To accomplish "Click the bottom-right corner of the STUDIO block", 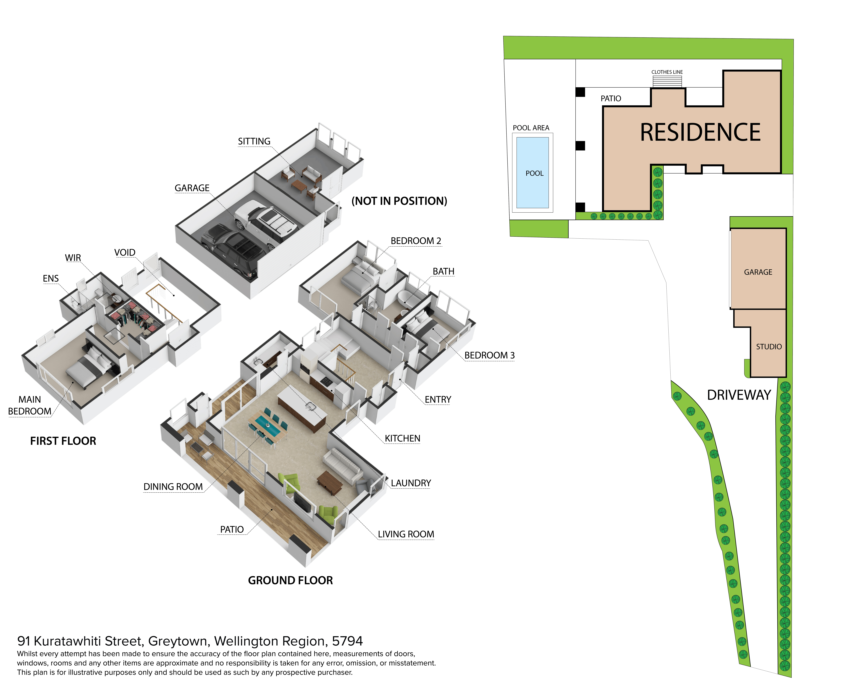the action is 786,377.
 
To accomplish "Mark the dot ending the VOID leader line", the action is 174,295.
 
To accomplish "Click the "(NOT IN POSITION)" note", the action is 399,201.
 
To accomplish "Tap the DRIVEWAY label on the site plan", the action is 739,395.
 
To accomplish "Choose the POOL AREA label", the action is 531,128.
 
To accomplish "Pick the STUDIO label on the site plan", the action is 769,347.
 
